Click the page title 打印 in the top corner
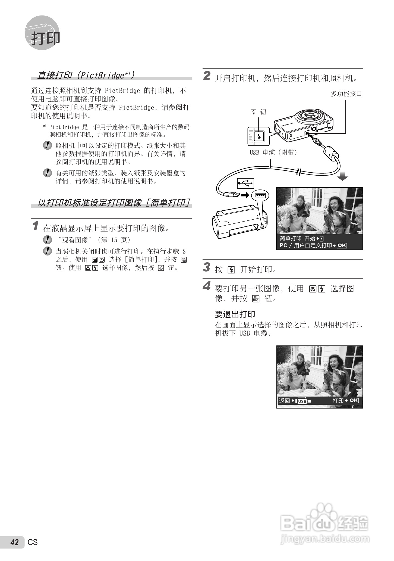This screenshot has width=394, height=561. (45, 38)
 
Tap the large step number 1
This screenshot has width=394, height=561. (35, 226)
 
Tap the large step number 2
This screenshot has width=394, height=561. (207, 76)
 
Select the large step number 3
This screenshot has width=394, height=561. (207, 267)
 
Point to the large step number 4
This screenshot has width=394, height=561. (207, 286)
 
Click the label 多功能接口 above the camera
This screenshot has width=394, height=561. (346, 94)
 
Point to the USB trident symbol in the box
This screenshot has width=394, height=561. (245, 183)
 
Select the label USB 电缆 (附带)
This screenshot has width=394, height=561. (273, 152)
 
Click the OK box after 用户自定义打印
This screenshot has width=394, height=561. (342, 245)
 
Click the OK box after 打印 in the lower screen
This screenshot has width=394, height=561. (354, 400)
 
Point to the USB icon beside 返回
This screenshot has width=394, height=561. (302, 401)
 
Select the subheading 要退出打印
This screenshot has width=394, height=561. (235, 314)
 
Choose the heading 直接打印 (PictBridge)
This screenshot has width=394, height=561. (86, 75)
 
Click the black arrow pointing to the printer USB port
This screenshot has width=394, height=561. (245, 195)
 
